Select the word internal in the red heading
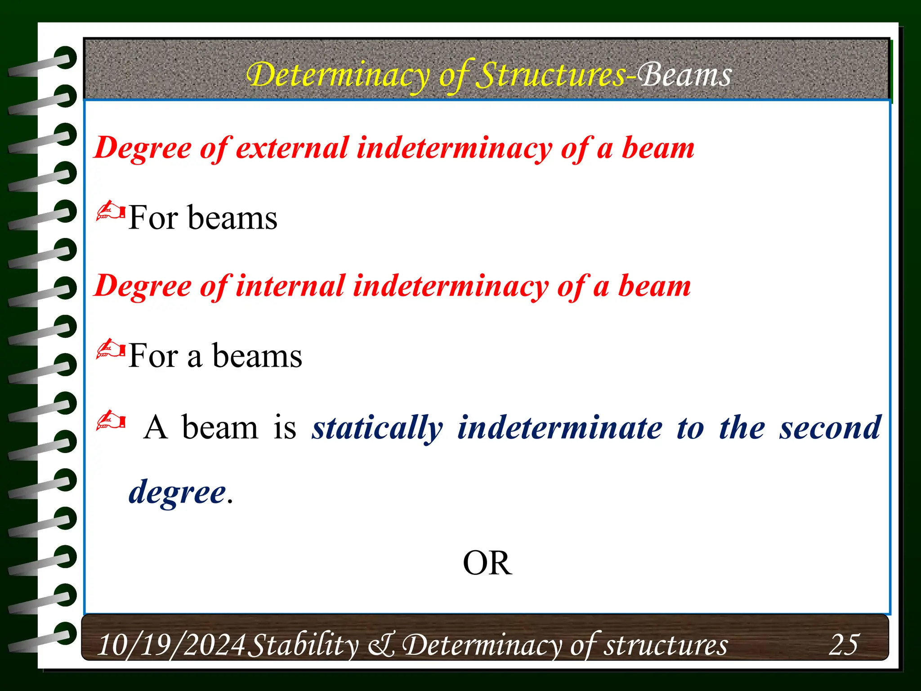click(290, 286)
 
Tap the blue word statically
click(378, 428)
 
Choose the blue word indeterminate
click(560, 428)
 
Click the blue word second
click(830, 428)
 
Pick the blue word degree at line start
click(177, 492)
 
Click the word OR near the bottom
click(487, 563)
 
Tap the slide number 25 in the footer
click(844, 644)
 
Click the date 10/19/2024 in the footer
click(171, 645)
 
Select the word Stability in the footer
click(304, 645)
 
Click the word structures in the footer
click(665, 645)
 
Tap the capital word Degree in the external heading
click(143, 148)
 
